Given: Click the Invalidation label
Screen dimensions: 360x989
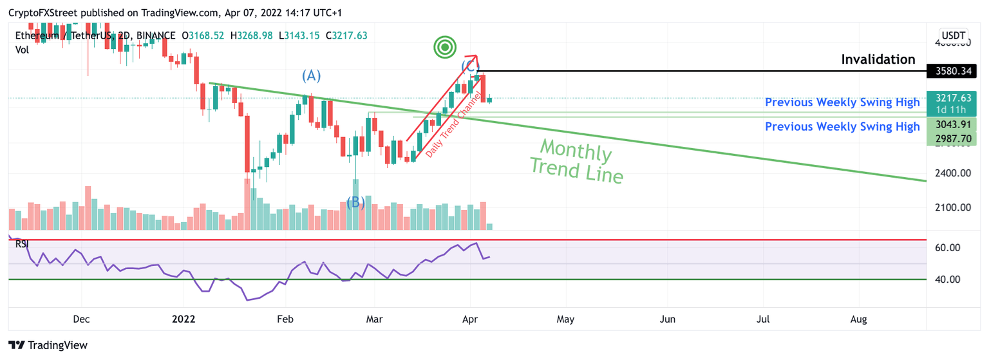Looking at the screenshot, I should pyautogui.click(x=878, y=59).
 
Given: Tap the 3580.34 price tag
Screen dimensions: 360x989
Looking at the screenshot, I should pyautogui.click(x=950, y=71).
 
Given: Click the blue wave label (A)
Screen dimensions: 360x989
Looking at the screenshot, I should pyautogui.click(x=312, y=76).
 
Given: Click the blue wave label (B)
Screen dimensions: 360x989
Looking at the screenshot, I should pyautogui.click(x=355, y=203).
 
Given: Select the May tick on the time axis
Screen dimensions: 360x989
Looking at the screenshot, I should pyautogui.click(x=565, y=319).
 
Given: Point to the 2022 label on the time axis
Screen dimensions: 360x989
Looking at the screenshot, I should pyautogui.click(x=184, y=319).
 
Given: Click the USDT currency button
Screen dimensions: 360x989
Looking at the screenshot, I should pyautogui.click(x=953, y=35).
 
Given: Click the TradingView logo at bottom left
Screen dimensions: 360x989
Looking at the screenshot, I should pyautogui.click(x=48, y=345).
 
